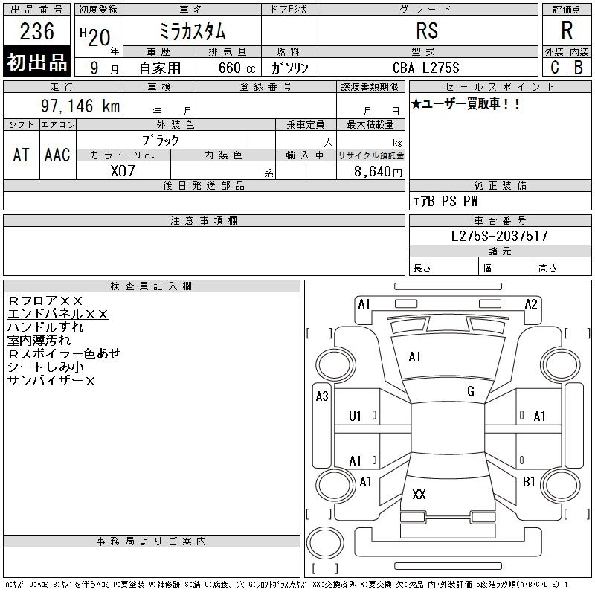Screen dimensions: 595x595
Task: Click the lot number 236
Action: point(36,31)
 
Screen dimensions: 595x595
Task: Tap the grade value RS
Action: point(427,30)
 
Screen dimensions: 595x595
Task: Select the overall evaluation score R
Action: point(567,30)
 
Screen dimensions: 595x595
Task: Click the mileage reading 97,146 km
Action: point(80,106)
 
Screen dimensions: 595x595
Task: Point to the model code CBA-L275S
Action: point(425,68)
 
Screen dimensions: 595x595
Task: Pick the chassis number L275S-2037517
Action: point(499,236)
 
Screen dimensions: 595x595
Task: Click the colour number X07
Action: point(123,171)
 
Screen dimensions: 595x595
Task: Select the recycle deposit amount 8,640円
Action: point(378,172)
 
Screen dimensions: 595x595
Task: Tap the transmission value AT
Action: point(21,155)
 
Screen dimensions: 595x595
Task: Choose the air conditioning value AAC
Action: point(57,155)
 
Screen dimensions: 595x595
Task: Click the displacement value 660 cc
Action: point(237,68)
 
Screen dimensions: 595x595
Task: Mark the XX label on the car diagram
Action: point(419,494)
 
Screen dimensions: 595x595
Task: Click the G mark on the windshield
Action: point(471,391)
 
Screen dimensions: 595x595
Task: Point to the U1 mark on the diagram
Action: point(355,416)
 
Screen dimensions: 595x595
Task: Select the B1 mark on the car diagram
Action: point(529,482)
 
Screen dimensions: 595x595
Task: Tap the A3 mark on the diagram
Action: point(322,396)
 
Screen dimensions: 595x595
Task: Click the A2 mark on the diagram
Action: point(531,304)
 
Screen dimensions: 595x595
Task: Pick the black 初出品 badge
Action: point(36,61)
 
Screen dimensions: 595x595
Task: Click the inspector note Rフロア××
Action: point(45,300)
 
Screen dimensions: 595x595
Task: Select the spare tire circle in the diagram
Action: point(325,542)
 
